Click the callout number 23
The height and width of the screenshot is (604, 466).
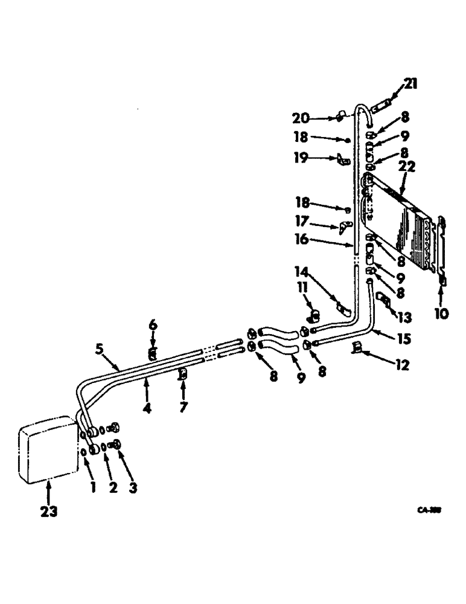(49, 511)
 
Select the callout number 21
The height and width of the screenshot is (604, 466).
(410, 85)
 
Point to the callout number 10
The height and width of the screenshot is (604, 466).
(442, 314)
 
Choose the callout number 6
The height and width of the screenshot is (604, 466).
(153, 325)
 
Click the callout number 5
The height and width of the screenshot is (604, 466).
(99, 350)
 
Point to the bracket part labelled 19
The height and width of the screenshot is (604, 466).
(345, 161)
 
